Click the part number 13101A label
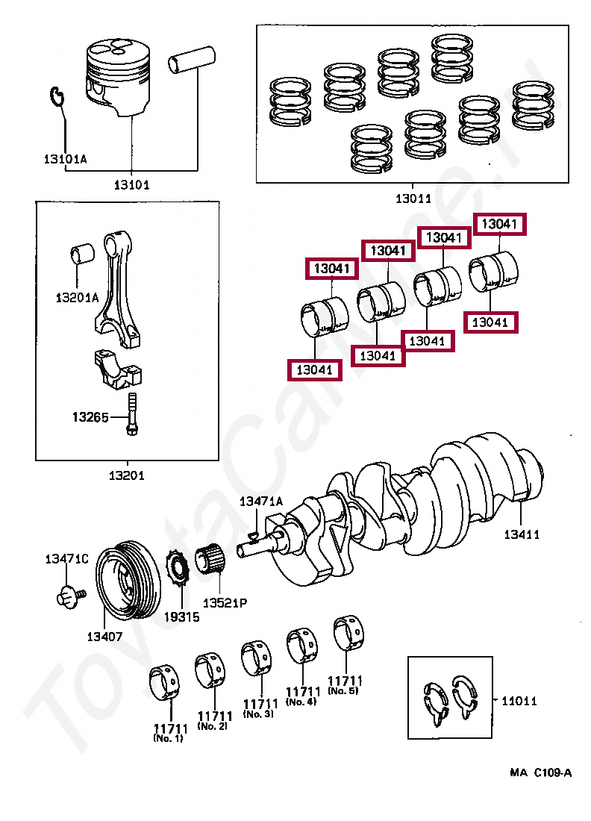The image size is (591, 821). pos(64,159)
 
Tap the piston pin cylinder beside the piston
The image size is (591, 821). pos(191,62)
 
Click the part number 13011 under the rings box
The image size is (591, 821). pos(413,199)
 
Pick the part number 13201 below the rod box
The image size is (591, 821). pos(126,475)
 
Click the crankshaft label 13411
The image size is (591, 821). pos(521,534)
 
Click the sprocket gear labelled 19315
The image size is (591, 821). pos(180,578)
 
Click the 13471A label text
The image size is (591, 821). pos(260,502)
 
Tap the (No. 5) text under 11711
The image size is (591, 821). pos(345,692)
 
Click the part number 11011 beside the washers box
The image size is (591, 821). pos(519,701)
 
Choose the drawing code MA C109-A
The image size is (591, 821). pos(540,772)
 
